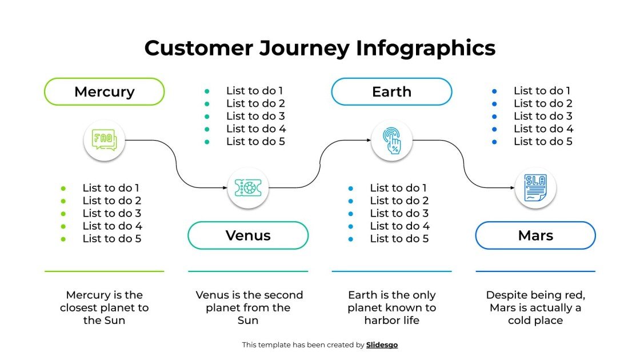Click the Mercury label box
tap(104, 91)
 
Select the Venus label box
tap(248, 235)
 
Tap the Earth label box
tap(391, 91)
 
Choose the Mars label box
tap(535, 235)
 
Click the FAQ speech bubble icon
tap(104, 139)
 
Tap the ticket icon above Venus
tap(248, 187)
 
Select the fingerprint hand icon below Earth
tap(391, 139)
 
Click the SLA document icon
tap(535, 188)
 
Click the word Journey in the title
tap(304, 48)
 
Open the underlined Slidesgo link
tap(382, 345)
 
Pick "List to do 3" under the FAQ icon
tap(111, 213)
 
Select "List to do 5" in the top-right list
tap(543, 141)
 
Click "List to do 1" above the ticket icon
tap(254, 90)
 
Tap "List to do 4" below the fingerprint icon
tap(399, 226)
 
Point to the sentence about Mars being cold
tap(535, 307)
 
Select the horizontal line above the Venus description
tap(248, 271)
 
